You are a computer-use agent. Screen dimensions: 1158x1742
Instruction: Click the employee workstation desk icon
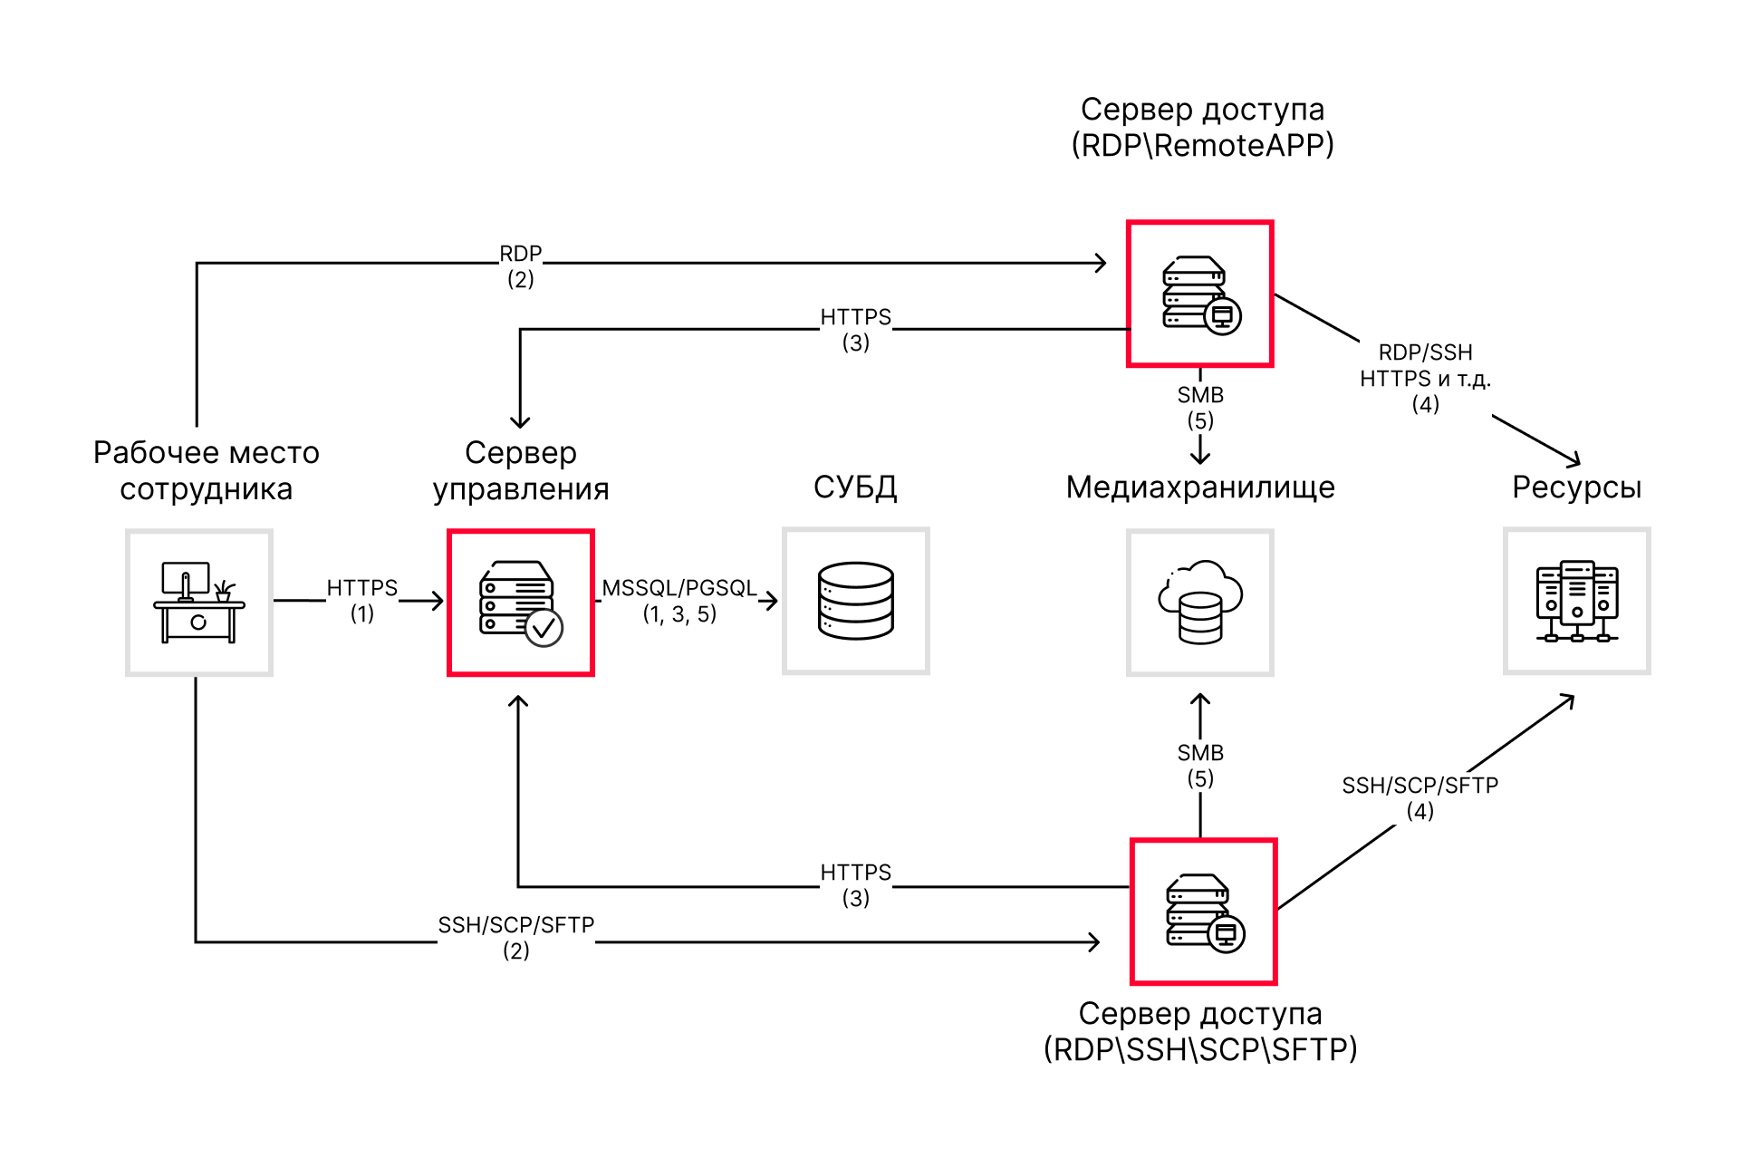point(199,603)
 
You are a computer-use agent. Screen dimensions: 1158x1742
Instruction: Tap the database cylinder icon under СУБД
point(856,601)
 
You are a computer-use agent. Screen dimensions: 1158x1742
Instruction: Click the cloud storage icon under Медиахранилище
point(1200,603)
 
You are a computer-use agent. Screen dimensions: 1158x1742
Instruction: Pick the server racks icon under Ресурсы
point(1577,601)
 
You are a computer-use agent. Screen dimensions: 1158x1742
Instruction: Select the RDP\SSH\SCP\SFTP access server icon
point(1204,912)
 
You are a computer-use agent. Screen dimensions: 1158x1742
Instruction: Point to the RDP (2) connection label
point(521,266)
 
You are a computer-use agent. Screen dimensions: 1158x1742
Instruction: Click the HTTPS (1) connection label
point(362,600)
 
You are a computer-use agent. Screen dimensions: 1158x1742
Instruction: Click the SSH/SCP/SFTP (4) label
point(1420,797)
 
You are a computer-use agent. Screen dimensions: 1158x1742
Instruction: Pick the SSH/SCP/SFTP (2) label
point(516,937)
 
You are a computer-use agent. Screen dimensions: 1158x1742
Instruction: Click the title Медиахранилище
point(1200,487)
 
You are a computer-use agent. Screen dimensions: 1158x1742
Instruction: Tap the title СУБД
point(855,487)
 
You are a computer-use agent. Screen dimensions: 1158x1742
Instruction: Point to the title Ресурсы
point(1577,487)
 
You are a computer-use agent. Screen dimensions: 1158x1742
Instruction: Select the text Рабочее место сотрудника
point(207,470)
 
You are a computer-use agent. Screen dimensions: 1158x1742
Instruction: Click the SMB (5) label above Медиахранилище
point(1200,408)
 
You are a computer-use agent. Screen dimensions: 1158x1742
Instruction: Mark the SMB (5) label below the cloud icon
point(1200,766)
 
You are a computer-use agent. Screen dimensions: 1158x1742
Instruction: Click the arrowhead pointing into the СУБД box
point(772,601)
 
